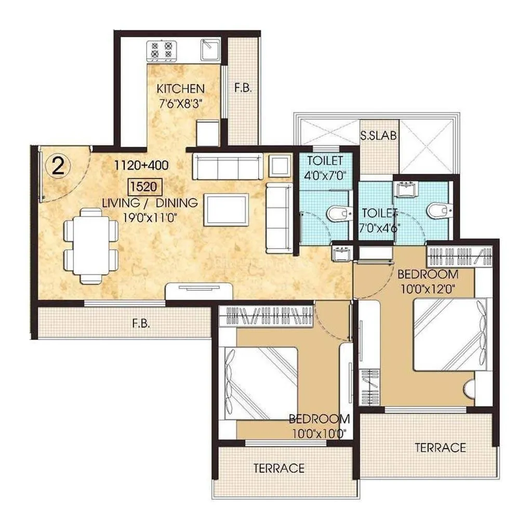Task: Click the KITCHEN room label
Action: (180, 89)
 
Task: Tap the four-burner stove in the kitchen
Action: (161, 50)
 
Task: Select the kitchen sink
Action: (211, 50)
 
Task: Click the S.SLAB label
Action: (379, 137)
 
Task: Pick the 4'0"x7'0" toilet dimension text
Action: (324, 174)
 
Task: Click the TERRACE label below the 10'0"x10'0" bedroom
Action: (278, 468)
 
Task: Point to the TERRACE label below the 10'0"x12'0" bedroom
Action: (440, 447)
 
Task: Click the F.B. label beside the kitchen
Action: (243, 88)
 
